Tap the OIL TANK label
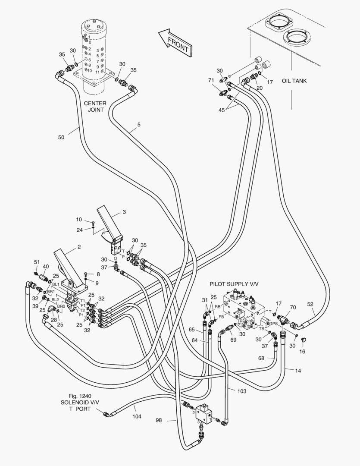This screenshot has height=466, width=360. coord(294,81)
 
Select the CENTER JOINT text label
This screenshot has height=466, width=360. coord(95,107)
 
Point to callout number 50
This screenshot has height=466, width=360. coord(61,137)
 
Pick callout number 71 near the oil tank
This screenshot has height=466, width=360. coord(211,80)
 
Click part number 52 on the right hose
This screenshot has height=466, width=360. coord(310,304)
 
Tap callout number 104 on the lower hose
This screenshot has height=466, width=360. coord(137,416)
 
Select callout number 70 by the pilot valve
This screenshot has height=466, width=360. coord(293,307)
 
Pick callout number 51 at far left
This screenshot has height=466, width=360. coord(37,262)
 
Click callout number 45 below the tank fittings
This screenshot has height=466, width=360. coord(222,110)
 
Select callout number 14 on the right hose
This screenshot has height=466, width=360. coord(299,370)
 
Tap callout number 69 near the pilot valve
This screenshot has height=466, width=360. coord(234,340)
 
